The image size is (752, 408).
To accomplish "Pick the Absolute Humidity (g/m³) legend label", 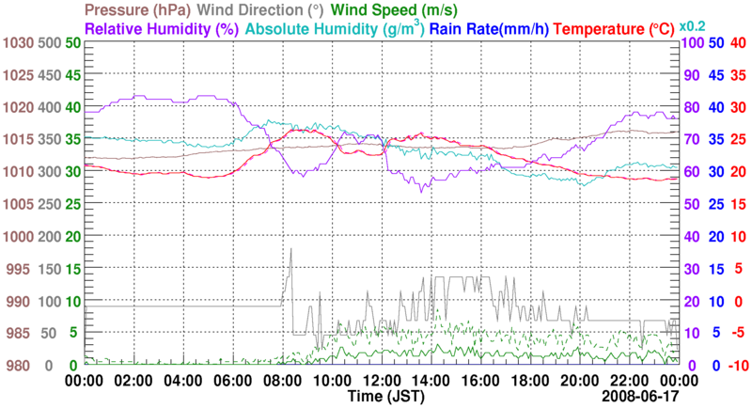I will [x=335, y=29].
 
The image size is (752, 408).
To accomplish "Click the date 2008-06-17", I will [x=639, y=397].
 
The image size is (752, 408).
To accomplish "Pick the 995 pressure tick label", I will [x=20, y=269].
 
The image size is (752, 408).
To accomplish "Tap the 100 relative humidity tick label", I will [x=691, y=42].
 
